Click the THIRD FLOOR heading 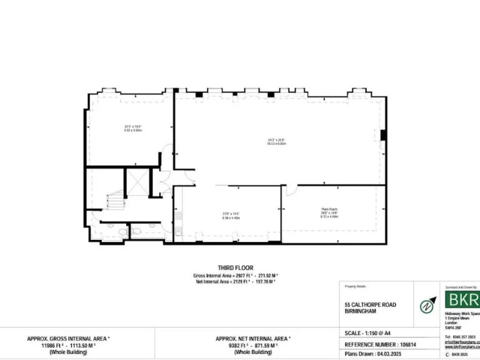coord(236,268)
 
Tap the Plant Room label coord(329,209)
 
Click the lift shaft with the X coord(136,182)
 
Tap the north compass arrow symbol coord(426,306)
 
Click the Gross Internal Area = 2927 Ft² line coord(236,276)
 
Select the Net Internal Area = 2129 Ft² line coord(236,282)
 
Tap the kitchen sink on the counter coord(178,217)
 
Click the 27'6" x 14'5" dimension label coord(230,215)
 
